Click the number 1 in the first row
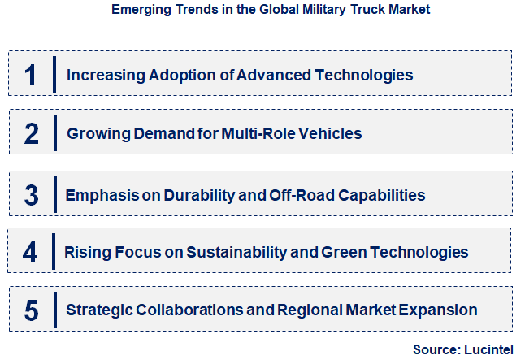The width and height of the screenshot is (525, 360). [30, 75]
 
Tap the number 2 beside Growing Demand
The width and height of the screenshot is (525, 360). [31, 133]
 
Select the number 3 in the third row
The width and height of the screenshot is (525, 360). [31, 195]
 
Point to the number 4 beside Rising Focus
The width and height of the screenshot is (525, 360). [30, 252]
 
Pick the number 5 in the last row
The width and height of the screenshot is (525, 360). [31, 310]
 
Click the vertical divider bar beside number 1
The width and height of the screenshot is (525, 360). [54, 75]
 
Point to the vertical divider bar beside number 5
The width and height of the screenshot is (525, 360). [54, 310]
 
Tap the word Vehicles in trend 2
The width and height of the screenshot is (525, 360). [329, 133]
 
